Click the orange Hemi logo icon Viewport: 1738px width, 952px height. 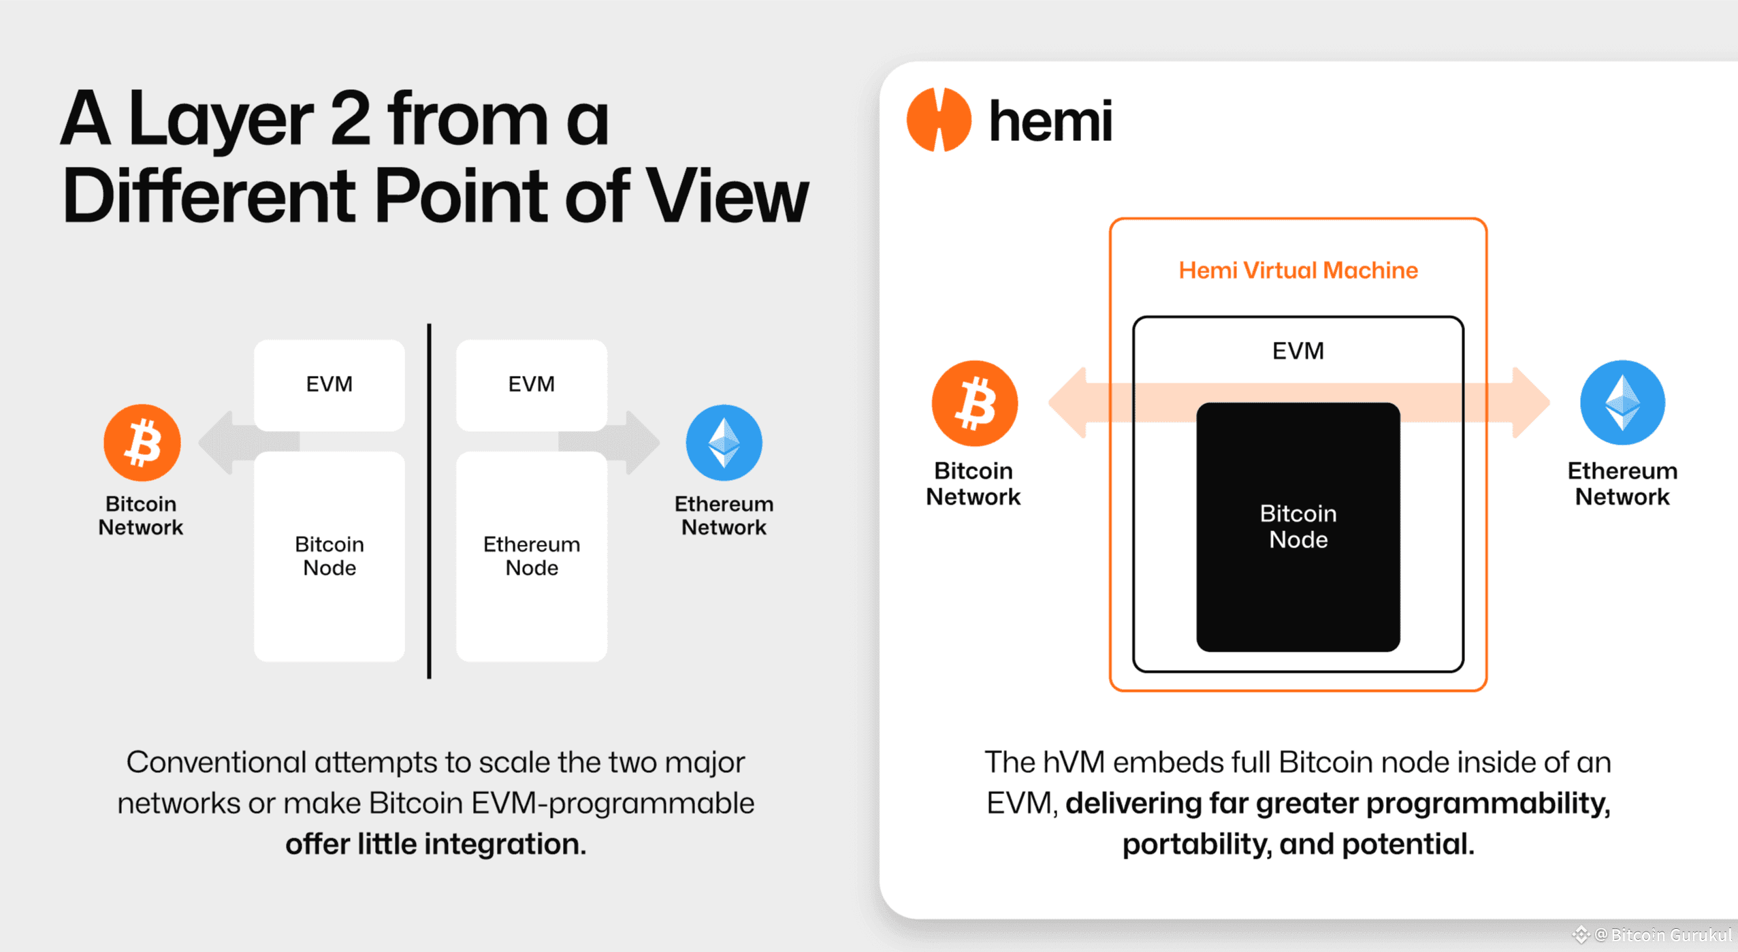click(x=938, y=120)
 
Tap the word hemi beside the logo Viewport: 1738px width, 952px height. click(x=1050, y=122)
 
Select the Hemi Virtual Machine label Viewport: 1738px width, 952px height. click(x=1298, y=270)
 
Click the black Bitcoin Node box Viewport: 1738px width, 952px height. click(x=1298, y=526)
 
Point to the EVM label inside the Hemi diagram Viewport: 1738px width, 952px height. click(x=1298, y=351)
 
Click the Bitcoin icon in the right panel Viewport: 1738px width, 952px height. click(x=974, y=403)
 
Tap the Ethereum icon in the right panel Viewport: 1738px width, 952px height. click(x=1622, y=402)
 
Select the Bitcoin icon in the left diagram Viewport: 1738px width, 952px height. click(x=142, y=443)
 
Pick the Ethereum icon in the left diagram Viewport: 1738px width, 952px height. click(x=724, y=443)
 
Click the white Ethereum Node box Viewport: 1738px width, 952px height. click(x=531, y=556)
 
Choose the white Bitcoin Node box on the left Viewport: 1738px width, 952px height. click(x=329, y=556)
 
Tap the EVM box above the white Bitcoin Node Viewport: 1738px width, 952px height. click(x=329, y=384)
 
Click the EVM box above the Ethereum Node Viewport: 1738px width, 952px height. click(x=531, y=384)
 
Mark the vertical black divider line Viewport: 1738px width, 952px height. click(x=429, y=501)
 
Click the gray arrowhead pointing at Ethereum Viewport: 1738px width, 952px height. click(x=642, y=443)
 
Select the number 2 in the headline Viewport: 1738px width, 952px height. click(x=350, y=119)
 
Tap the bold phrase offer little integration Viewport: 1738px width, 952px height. click(x=436, y=844)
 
